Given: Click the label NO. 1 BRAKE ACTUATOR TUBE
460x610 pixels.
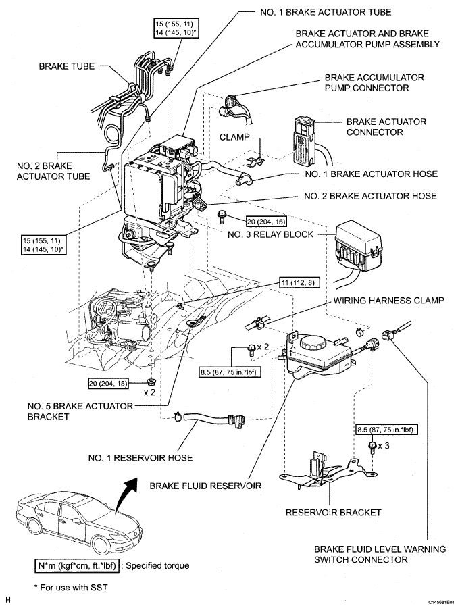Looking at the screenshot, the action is click(x=326, y=12).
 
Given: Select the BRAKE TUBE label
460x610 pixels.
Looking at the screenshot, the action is click(x=66, y=66).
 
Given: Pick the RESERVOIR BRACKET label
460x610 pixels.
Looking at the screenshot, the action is click(x=333, y=512).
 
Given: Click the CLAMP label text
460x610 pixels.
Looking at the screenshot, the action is click(x=234, y=137).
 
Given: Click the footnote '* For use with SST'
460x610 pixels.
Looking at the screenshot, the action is click(x=70, y=588).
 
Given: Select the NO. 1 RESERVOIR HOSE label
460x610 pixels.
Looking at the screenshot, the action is click(x=140, y=457).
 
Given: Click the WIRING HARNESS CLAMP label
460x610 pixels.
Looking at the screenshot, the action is click(x=388, y=301).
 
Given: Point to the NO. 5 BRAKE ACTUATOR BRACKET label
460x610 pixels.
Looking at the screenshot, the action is click(x=80, y=411).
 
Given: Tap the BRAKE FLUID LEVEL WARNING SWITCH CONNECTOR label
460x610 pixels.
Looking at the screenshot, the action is click(x=380, y=555).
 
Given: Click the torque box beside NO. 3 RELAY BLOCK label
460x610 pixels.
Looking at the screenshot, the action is click(x=266, y=222).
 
